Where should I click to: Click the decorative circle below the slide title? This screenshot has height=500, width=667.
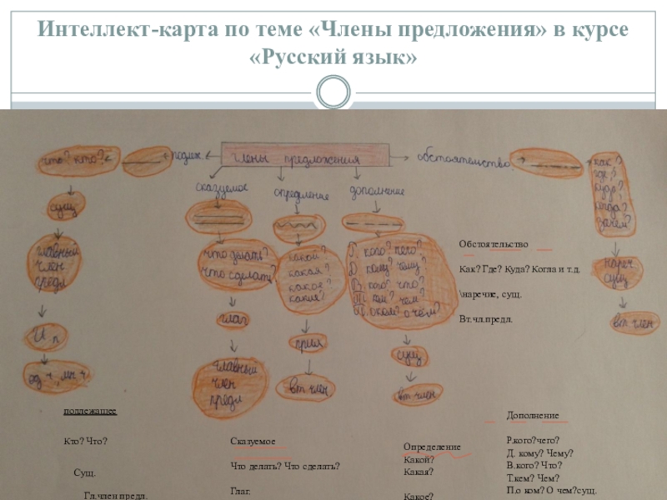pos(333,91)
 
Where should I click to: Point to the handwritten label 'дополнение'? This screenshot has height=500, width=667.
pos(377,192)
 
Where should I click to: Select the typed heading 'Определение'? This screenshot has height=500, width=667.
pos(432,447)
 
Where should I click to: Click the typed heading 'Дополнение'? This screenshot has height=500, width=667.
pos(533,415)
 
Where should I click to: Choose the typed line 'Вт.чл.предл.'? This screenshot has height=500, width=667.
pos(486,319)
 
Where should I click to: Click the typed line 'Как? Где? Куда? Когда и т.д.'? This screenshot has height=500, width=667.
pos(519,269)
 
